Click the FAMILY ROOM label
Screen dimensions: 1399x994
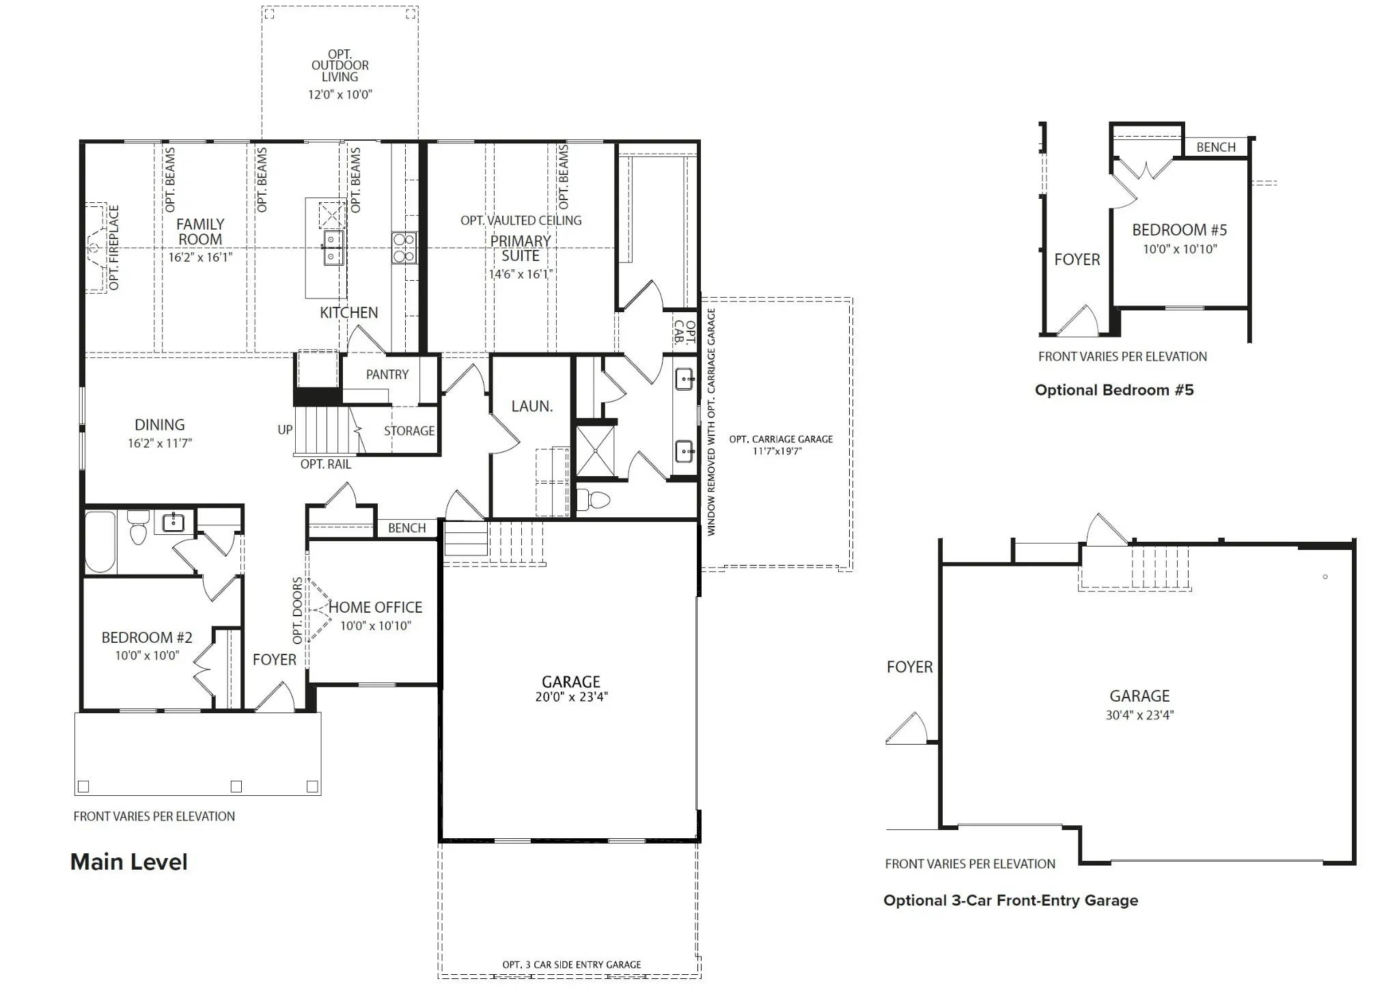point(200,232)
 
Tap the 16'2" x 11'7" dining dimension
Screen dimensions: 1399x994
point(160,443)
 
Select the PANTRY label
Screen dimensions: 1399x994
point(387,374)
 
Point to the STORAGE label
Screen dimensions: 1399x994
point(409,431)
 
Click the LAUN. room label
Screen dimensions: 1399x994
point(532,406)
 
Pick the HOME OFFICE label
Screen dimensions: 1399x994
point(375,607)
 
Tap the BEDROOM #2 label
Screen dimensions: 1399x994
point(147,637)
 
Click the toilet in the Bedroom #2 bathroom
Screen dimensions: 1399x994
point(138,528)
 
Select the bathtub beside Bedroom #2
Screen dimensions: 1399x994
point(100,542)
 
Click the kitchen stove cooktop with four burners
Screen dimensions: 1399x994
point(404,248)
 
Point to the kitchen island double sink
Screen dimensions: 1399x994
point(333,248)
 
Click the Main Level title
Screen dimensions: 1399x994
point(129,862)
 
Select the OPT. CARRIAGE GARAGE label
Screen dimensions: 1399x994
point(781,439)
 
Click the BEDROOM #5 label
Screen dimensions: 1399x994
point(1180,230)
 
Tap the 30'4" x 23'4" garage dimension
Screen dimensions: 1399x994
point(1139,715)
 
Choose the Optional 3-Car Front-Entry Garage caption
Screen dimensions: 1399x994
point(1011,901)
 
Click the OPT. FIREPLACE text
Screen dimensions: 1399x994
point(114,247)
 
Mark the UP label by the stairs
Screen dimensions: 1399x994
point(285,430)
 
